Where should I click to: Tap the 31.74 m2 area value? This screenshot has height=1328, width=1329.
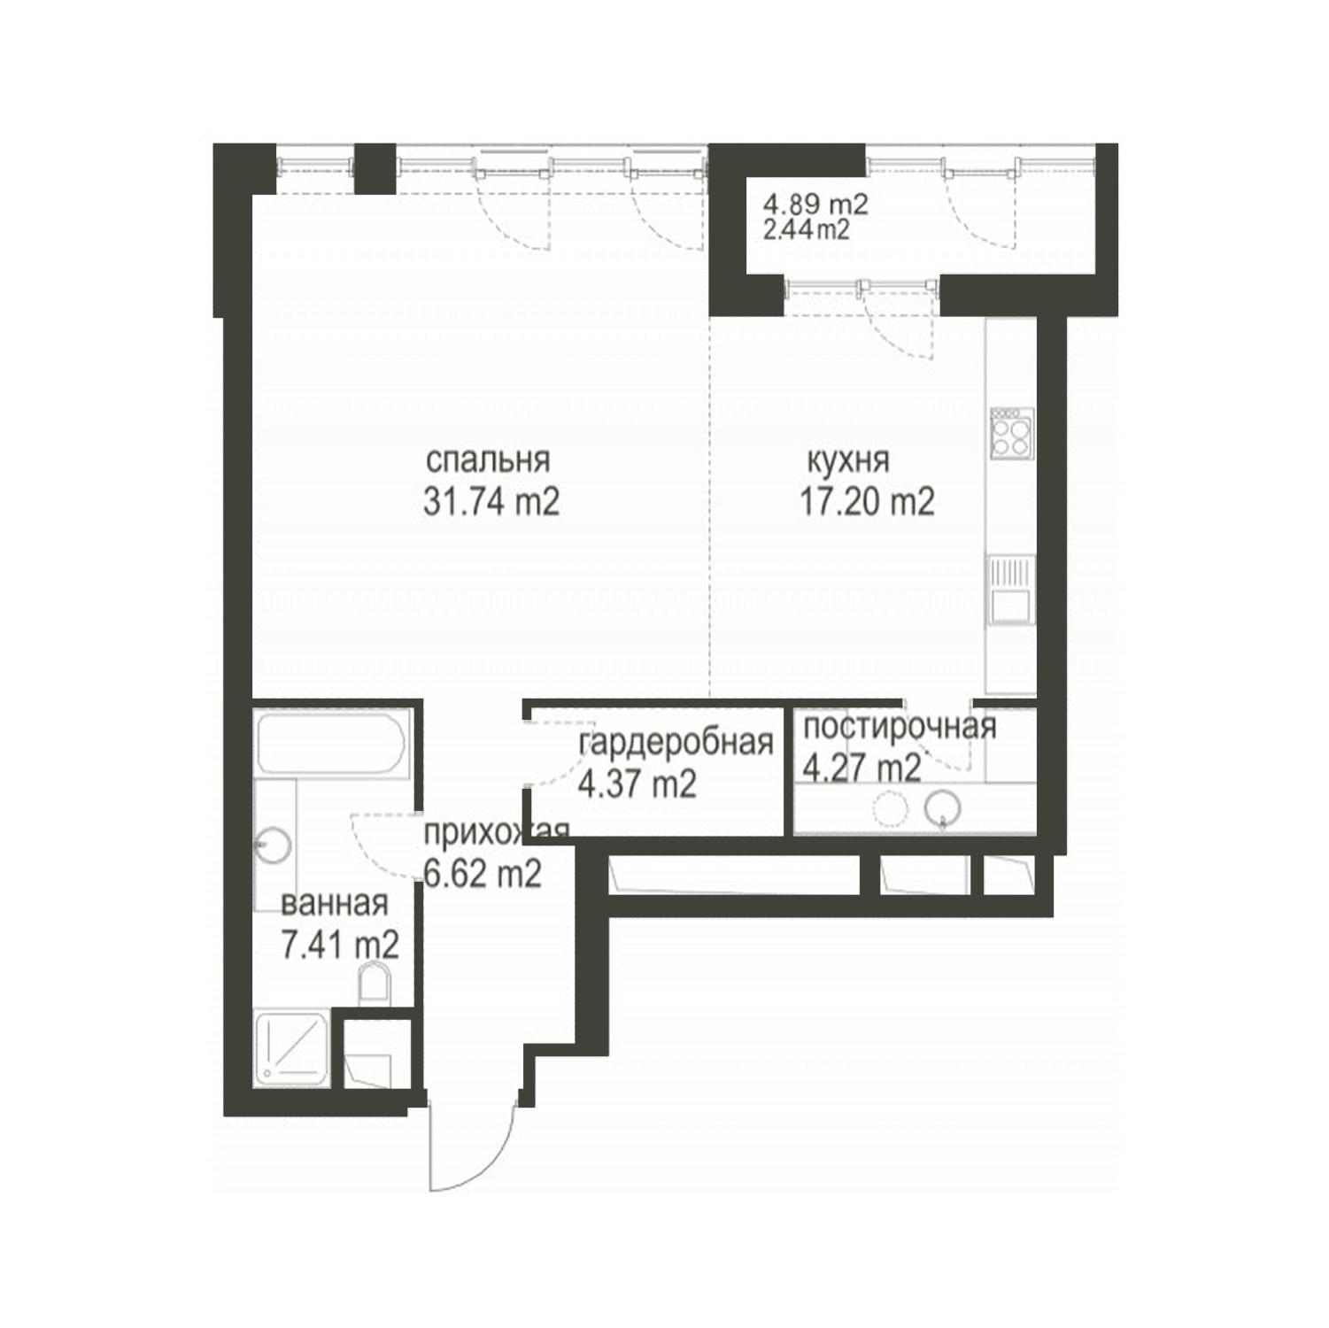pos(491,502)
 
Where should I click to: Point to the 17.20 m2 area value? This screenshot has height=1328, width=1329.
pos(868,502)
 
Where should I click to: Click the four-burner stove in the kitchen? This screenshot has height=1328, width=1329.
pos(1012,433)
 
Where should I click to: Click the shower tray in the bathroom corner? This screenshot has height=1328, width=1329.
pos(292,1048)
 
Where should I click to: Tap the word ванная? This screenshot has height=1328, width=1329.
pos(335,904)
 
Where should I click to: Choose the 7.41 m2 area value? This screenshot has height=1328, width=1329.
pos(340,945)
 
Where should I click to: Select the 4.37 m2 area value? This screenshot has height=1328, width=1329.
pos(637,784)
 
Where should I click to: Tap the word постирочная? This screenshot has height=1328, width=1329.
pos(900,727)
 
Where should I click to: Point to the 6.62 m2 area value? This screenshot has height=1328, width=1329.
pos(483,874)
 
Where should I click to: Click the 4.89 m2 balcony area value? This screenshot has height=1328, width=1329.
pos(816,205)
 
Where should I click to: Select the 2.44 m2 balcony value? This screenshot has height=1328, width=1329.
pos(807,229)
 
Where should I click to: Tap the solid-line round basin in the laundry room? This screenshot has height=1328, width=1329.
pos(943,807)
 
